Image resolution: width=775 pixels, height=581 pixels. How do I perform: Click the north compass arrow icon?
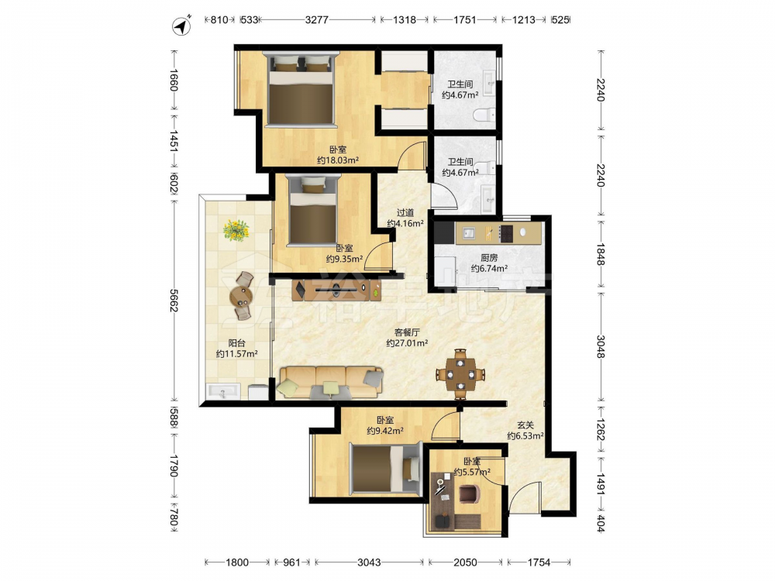tap(182, 26)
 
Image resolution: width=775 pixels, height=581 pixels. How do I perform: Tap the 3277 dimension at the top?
tap(317, 20)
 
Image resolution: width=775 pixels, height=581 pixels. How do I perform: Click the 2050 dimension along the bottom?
tap(465, 562)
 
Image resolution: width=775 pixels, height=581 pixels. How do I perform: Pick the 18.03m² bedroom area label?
tap(338, 160)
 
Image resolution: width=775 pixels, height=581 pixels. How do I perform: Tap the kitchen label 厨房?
tap(489, 258)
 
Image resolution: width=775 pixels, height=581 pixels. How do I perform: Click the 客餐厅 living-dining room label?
tap(407, 332)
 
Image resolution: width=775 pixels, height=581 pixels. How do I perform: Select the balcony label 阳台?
tap(236, 343)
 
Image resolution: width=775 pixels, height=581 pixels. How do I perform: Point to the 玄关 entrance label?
tap(525, 425)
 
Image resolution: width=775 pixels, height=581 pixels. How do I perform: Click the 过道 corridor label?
tap(405, 213)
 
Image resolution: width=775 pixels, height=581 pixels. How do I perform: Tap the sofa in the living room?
tap(330, 383)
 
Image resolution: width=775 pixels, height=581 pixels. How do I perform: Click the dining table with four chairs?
tap(460, 374)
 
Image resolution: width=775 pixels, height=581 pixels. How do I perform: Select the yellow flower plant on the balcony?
tap(236, 230)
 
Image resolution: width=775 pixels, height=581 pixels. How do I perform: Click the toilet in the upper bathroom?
tap(484, 115)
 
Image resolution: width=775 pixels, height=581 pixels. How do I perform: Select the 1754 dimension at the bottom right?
tap(539, 562)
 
